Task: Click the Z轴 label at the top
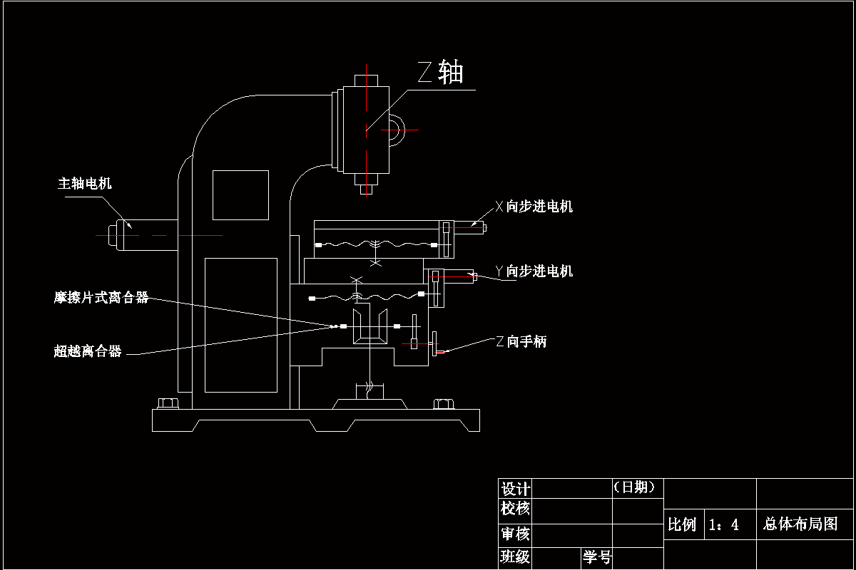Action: [x=441, y=73]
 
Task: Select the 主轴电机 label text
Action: [x=85, y=184]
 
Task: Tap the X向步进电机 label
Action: [x=534, y=207]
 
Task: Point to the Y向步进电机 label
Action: [x=534, y=271]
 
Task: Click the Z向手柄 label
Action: [x=521, y=342]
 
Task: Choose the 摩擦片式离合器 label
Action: [x=101, y=298]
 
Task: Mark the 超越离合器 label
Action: [x=88, y=351]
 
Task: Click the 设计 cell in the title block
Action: [x=515, y=489]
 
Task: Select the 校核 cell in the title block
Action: [x=515, y=509]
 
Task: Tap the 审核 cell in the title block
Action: [x=515, y=534]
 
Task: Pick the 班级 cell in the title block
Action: [x=515, y=557]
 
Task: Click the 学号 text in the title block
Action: [x=597, y=557]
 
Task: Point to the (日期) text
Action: [x=638, y=487]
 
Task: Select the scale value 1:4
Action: [x=723, y=526]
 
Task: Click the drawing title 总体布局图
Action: [x=800, y=524]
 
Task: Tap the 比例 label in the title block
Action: [x=682, y=525]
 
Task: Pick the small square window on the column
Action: [x=240, y=195]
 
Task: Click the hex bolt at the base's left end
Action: [x=168, y=404]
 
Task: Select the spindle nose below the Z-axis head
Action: [x=366, y=188]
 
